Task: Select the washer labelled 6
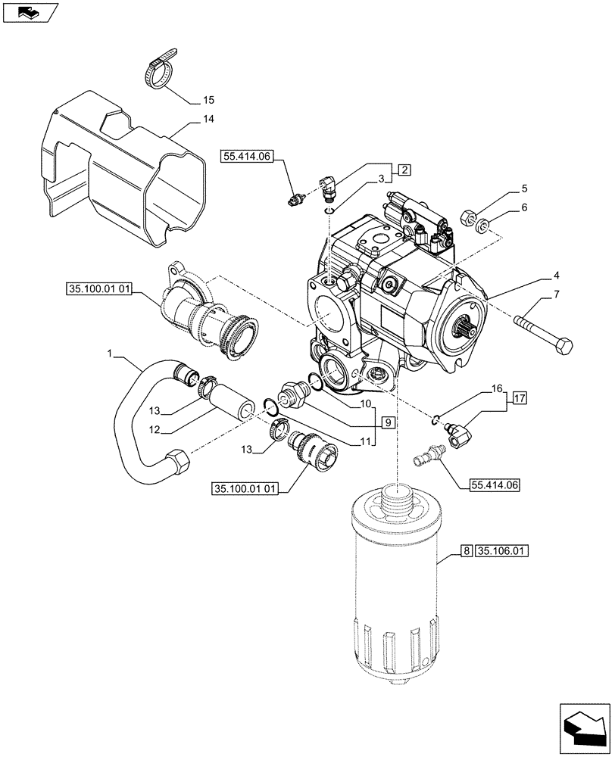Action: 482,226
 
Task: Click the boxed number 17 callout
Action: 519,397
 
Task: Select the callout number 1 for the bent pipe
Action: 112,354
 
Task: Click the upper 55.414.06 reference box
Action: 247,157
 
